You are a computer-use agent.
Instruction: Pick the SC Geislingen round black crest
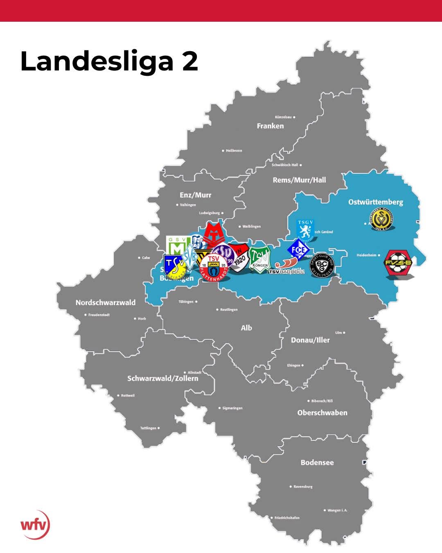pyautogui.click(x=322, y=265)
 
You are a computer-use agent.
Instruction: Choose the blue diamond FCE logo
pyautogui.click(x=298, y=249)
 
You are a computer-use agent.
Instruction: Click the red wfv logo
pyautogui.click(x=35, y=525)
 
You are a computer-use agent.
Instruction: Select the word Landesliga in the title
pyautogui.click(x=97, y=61)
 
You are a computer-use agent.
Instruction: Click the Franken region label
pyautogui.click(x=270, y=126)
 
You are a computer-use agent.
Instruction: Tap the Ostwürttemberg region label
pyautogui.click(x=375, y=202)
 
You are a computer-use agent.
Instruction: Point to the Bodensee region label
pyautogui.click(x=317, y=462)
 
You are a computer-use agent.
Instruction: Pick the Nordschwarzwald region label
pyautogui.click(x=105, y=303)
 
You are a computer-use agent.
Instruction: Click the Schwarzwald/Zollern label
pyautogui.click(x=162, y=378)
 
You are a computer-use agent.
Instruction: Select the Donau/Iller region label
pyautogui.click(x=310, y=340)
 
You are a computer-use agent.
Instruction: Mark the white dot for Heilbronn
pyautogui.click(x=223, y=151)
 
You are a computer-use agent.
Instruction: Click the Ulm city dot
pyautogui.click(x=344, y=333)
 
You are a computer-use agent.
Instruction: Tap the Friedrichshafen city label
pyautogui.click(x=287, y=518)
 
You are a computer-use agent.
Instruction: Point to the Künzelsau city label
pyautogui.click(x=283, y=117)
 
